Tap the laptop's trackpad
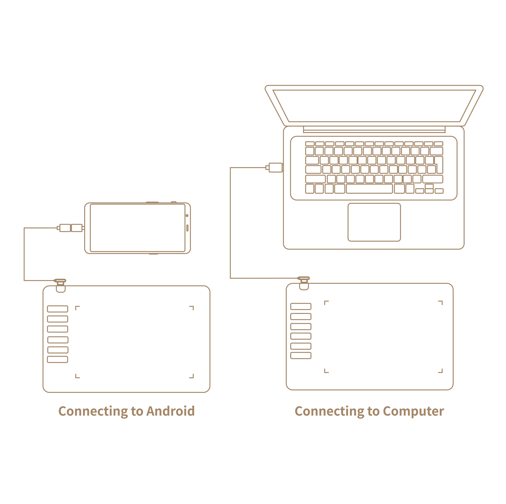point(374,222)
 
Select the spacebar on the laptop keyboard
point(369,188)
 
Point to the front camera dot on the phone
point(187,215)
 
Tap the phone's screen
point(137,228)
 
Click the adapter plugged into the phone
point(71,228)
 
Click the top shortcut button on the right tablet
point(301,306)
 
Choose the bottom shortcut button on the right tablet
point(301,355)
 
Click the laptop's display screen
point(374,106)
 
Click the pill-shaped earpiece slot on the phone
point(187,228)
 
